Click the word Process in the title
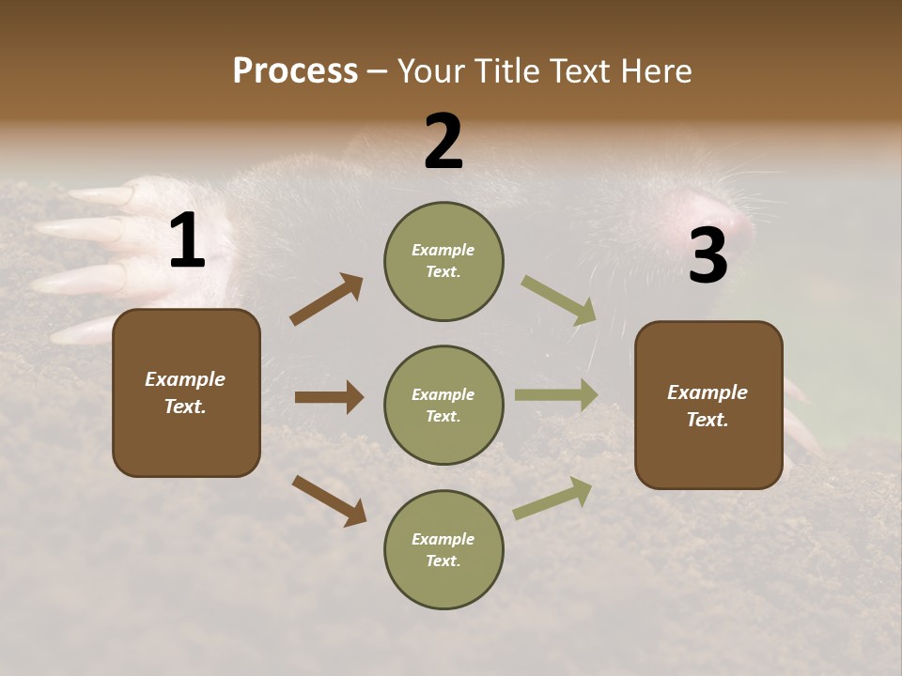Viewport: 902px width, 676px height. (295, 71)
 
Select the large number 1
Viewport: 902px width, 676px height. (187, 241)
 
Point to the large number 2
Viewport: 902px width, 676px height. (443, 143)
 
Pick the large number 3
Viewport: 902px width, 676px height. (708, 256)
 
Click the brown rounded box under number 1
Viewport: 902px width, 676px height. (186, 392)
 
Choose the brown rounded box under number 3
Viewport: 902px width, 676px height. (708, 406)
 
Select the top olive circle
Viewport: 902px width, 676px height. (443, 261)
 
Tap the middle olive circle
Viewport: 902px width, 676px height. (443, 406)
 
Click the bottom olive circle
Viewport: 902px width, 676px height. (443, 550)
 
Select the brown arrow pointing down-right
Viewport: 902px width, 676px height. (329, 500)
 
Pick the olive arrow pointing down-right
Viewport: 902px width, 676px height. (559, 300)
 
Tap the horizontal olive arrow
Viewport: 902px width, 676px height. (556, 395)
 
